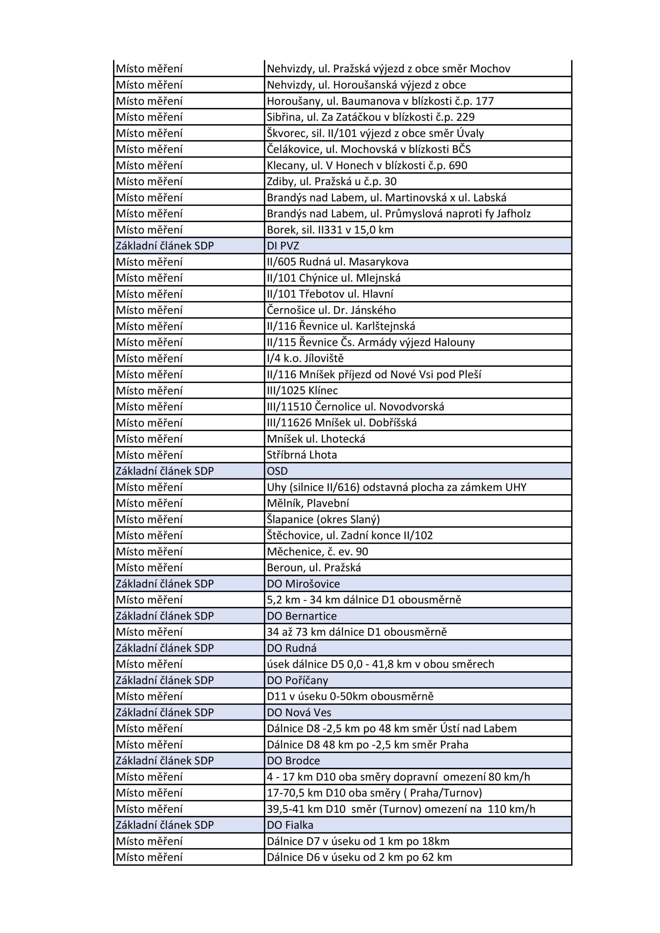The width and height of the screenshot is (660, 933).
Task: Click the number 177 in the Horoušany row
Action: coord(484,101)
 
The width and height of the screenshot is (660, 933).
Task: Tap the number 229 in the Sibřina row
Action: coord(465,117)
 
